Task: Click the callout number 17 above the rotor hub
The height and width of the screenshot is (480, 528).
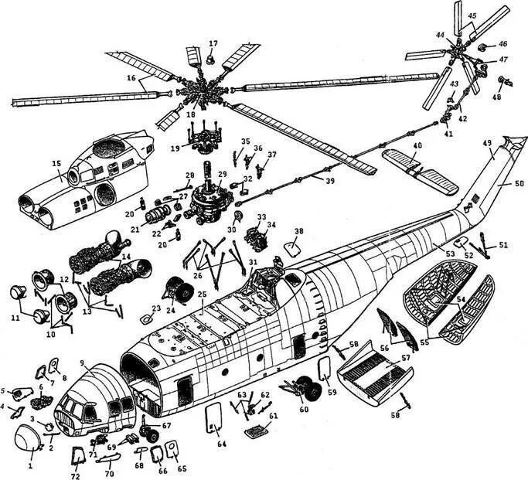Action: point(213,43)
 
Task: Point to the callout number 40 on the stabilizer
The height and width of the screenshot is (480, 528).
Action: point(417,145)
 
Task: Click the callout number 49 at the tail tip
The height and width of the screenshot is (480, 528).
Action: point(487,145)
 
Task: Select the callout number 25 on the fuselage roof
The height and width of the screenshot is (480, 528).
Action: point(201,295)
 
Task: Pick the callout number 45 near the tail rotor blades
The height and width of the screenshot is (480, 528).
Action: point(472,15)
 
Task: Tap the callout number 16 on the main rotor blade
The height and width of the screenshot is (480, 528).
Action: point(132,78)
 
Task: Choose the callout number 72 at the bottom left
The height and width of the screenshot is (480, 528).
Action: point(76,468)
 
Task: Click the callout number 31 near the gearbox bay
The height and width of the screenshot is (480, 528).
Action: point(253,262)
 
